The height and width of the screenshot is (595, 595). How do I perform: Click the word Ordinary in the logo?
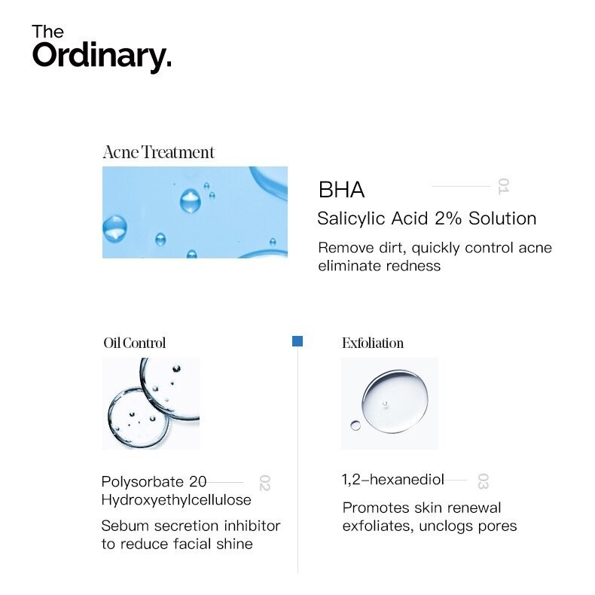(102, 56)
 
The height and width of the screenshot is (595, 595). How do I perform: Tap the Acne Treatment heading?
(159, 152)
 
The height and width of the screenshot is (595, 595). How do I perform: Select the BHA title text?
(341, 189)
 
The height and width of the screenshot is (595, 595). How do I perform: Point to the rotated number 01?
(503, 186)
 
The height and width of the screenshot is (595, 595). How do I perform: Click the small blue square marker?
(297, 341)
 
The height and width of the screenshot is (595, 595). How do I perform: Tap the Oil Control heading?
(134, 343)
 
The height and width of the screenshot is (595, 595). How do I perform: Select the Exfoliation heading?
(373, 343)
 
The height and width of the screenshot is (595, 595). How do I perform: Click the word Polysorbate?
(142, 482)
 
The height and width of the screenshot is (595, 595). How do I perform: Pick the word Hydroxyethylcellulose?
(176, 500)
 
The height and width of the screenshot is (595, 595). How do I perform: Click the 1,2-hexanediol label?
(392, 480)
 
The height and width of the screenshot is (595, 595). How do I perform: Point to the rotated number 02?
(264, 483)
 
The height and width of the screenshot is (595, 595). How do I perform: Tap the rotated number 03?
(483, 481)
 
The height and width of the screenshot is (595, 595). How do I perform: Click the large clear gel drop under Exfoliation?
(395, 401)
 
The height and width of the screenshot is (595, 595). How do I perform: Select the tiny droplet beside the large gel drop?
(355, 426)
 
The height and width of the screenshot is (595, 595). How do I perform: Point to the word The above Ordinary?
(47, 32)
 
